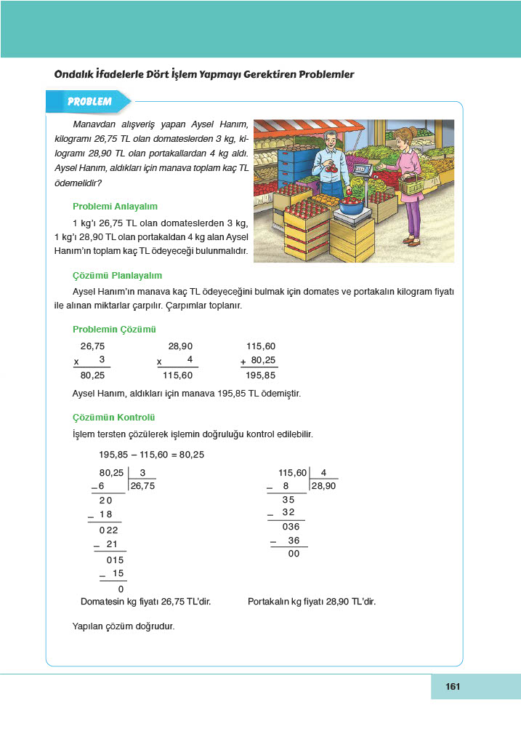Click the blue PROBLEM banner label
(89, 102)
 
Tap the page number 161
(454, 686)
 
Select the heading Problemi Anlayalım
(115, 206)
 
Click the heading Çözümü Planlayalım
(117, 275)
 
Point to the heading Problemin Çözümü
(115, 329)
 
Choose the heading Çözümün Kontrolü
(114, 418)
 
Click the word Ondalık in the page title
(80, 74)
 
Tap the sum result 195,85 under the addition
(261, 376)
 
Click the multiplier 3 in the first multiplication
(102, 360)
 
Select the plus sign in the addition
(243, 362)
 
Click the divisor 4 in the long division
(323, 472)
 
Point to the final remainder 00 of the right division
(294, 554)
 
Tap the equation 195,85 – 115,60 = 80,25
(151, 454)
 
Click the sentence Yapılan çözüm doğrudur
(124, 625)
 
